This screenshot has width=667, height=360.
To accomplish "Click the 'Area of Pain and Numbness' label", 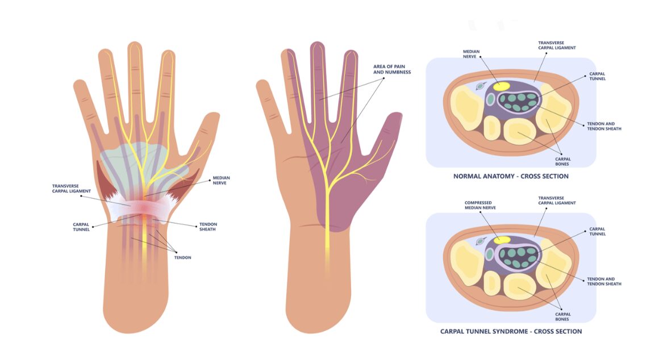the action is click(x=392, y=69).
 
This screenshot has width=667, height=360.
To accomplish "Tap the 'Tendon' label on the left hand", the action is click(x=182, y=258).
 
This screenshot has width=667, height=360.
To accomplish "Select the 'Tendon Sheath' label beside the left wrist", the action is click(x=208, y=227).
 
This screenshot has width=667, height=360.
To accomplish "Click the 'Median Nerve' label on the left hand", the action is click(x=221, y=180).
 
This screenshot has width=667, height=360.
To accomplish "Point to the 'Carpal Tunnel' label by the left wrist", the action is click(x=81, y=227).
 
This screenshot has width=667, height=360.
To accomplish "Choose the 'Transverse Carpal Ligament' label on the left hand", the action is click(x=72, y=189).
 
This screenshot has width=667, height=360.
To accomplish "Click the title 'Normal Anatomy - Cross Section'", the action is click(x=510, y=176).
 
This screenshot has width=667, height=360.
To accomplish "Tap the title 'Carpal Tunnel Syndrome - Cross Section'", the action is click(x=511, y=331).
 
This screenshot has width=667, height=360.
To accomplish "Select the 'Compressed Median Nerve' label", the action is click(x=480, y=206).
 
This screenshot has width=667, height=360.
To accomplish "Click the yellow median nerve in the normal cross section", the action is click(x=501, y=86).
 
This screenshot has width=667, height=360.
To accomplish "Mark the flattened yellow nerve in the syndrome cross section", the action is click(x=502, y=240).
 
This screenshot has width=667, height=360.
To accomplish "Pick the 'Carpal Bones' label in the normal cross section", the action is click(x=562, y=161).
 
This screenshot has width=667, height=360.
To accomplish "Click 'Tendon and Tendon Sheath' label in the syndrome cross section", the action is click(x=604, y=282).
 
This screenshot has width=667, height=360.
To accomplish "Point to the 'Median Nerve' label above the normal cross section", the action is click(x=471, y=54).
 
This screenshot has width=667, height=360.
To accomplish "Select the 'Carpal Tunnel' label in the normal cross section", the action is click(x=597, y=76).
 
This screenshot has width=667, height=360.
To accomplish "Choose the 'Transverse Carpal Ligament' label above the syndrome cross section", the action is click(x=557, y=200).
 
